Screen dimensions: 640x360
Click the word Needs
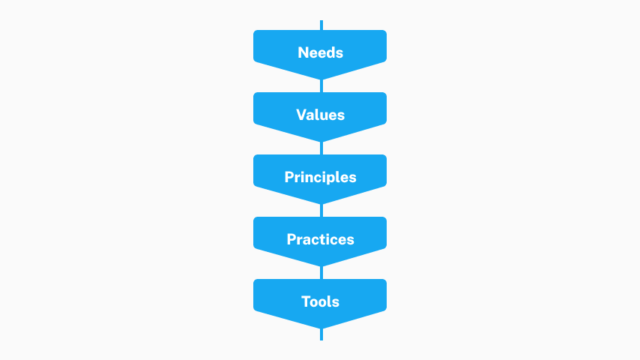tap(321, 52)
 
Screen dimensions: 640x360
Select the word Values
tap(321, 115)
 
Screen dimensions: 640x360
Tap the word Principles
tap(321, 177)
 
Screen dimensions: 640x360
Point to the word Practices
tap(321, 239)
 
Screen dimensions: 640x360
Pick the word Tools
tap(321, 301)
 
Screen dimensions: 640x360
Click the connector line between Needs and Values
tap(321, 85)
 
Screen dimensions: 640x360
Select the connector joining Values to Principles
tap(321, 148)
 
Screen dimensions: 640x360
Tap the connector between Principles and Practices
tap(321, 211)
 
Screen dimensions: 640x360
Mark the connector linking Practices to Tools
tap(321, 272)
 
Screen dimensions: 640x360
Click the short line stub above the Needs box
tap(321, 25)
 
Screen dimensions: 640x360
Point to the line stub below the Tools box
tap(321, 334)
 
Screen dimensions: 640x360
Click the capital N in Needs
tap(304, 52)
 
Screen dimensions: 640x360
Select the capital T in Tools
tap(307, 301)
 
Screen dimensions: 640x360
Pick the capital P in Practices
tap(292, 239)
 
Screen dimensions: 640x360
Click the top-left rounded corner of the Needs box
tap(255, 31)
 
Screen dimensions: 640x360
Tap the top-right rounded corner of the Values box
tap(385, 94)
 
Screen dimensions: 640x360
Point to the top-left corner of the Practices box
tap(255, 218)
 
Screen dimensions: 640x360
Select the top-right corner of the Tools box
tap(385, 281)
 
